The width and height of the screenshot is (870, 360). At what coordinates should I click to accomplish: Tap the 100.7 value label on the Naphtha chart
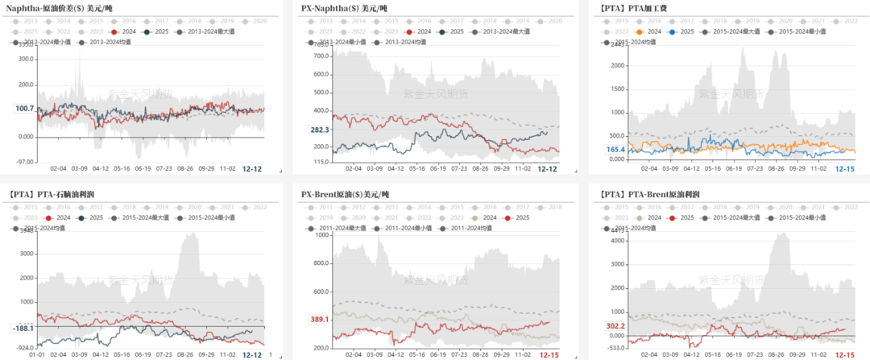[24, 109]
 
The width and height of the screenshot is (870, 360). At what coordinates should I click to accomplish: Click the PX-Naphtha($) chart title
[344, 8]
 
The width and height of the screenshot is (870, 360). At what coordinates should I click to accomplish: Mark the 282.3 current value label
[321, 130]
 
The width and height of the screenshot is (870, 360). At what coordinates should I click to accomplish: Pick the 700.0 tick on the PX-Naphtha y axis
[322, 56]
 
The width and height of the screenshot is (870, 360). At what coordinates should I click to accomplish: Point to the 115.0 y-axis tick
[322, 162]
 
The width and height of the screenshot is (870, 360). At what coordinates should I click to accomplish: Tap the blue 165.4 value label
[615, 150]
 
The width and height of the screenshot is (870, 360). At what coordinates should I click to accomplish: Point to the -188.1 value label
[22, 329]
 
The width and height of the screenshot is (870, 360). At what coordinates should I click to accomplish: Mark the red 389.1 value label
[320, 320]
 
